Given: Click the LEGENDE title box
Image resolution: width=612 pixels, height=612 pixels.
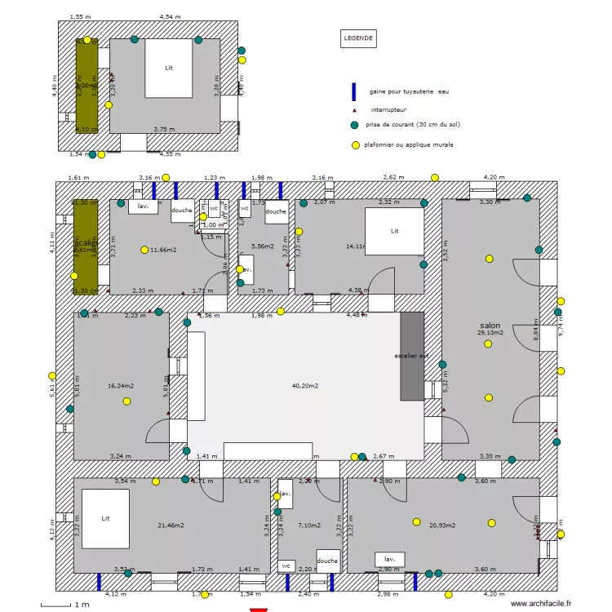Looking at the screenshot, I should point(358,38).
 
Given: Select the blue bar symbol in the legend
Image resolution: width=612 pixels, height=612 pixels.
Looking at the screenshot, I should point(354,91).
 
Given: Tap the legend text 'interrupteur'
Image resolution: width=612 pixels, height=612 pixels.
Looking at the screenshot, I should point(388,109).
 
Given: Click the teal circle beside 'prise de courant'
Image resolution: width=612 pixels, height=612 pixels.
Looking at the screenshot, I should point(354,125).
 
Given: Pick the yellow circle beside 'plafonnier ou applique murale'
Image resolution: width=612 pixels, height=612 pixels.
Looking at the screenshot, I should point(354,145).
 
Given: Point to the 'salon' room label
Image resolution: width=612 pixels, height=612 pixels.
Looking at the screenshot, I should point(490,325).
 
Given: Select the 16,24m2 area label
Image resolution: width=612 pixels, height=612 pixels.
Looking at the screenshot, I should point(120,385).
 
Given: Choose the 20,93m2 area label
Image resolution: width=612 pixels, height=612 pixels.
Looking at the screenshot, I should point(442,525).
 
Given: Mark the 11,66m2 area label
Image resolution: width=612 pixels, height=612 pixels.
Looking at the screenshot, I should point(163,250).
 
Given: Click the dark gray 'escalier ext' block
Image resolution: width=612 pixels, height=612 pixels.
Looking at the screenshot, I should point(412,356).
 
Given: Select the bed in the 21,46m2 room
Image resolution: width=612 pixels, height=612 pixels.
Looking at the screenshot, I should point(105,519).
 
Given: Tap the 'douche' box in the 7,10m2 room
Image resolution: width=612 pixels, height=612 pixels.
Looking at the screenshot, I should point(327,561).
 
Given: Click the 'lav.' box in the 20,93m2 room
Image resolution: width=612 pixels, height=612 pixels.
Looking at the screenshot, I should point(390,559).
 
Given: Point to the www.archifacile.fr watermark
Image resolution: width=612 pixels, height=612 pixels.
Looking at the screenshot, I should point(541,603).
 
